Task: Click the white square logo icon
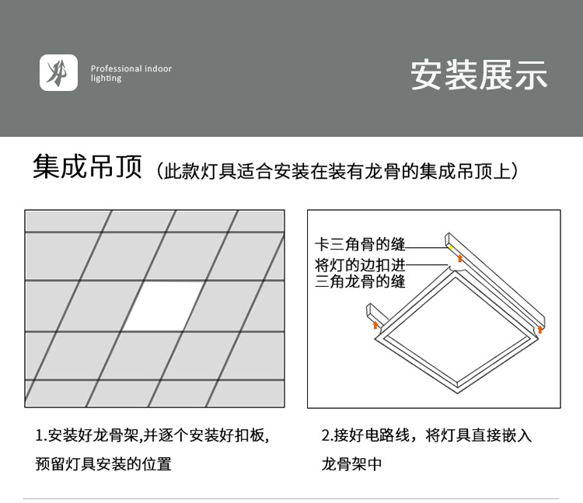tap(58, 73)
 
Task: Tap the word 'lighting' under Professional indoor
tap(106, 79)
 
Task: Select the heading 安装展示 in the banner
tap(479, 75)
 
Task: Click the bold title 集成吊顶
tap(87, 167)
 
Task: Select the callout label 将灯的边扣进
tap(360, 264)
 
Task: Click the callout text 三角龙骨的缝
tap(360, 281)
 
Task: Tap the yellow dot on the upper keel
tap(449, 246)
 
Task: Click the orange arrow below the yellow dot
tap(459, 257)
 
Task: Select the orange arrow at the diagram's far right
tap(540, 330)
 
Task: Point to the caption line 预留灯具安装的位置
tap(103, 465)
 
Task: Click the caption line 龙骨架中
tap(351, 465)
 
